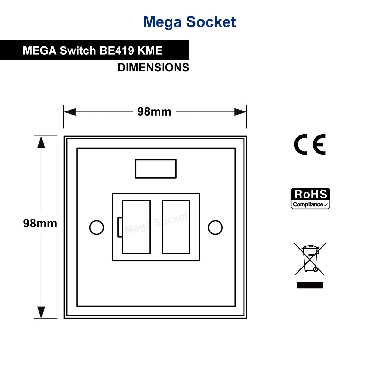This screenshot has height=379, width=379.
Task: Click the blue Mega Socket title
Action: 189,22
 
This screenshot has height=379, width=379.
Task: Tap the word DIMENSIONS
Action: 153,68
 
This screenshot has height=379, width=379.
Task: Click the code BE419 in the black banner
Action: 117,51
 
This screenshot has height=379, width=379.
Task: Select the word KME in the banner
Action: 150,51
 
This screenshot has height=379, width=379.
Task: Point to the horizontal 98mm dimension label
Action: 154,112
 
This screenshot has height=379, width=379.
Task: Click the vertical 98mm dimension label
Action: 40,223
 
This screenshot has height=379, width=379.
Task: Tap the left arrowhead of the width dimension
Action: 70,112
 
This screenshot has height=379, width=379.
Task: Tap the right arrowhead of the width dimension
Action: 240,112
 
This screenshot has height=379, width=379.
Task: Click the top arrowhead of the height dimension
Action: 41,142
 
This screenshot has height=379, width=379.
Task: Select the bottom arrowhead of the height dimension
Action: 41,312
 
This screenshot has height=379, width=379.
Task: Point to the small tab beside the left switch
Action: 120,227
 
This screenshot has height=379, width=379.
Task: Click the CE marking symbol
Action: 310,145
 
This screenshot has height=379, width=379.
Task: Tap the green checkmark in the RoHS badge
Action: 326,205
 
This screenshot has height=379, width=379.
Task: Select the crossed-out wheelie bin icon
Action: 310,259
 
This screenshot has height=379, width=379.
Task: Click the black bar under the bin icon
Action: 310,285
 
